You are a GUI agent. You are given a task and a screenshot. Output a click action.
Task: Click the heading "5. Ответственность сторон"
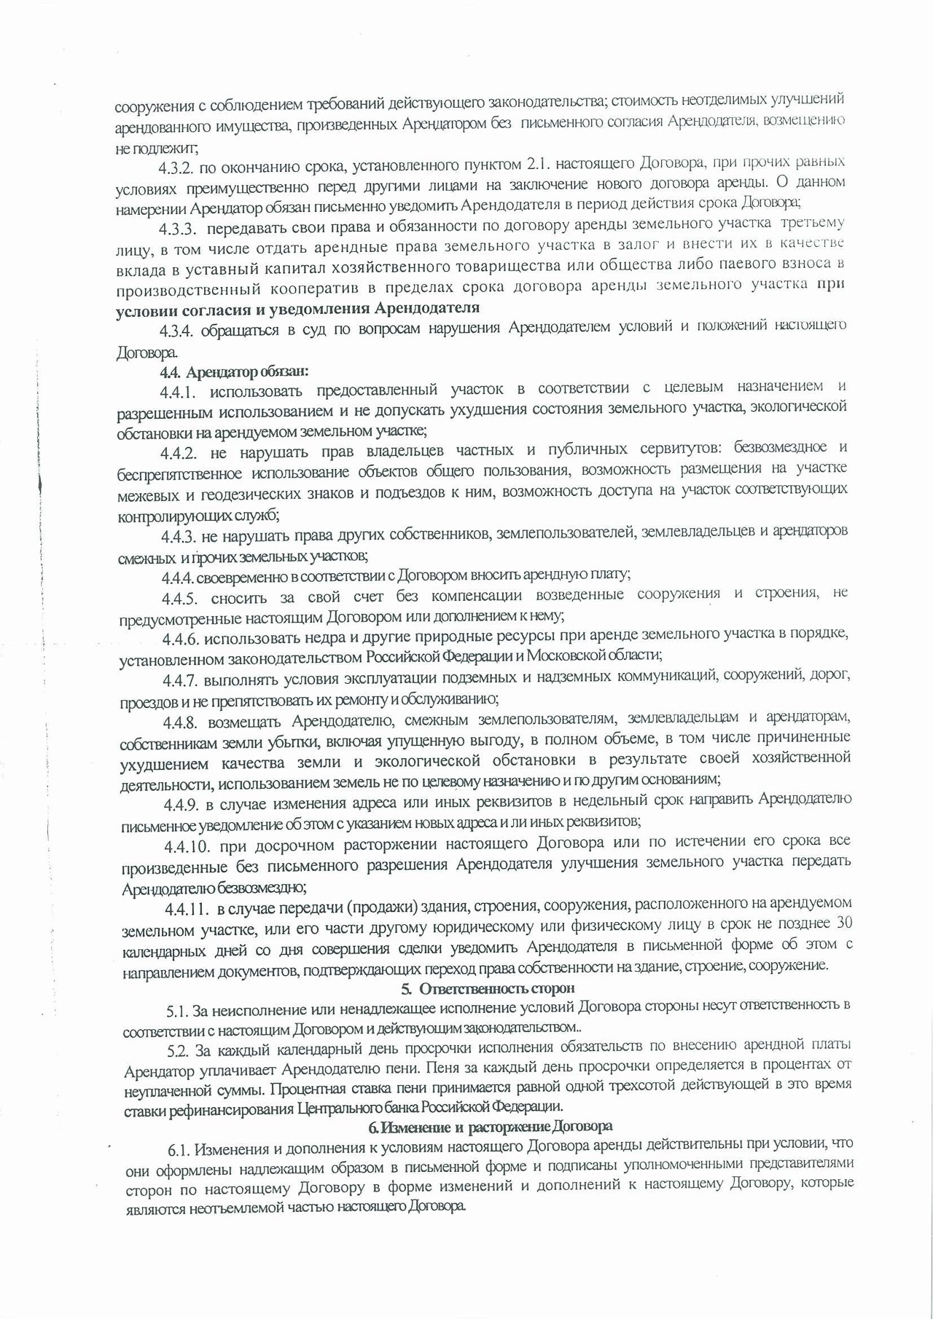[x=488, y=988]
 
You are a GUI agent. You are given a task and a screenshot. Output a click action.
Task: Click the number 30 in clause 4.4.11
[x=843, y=924]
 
